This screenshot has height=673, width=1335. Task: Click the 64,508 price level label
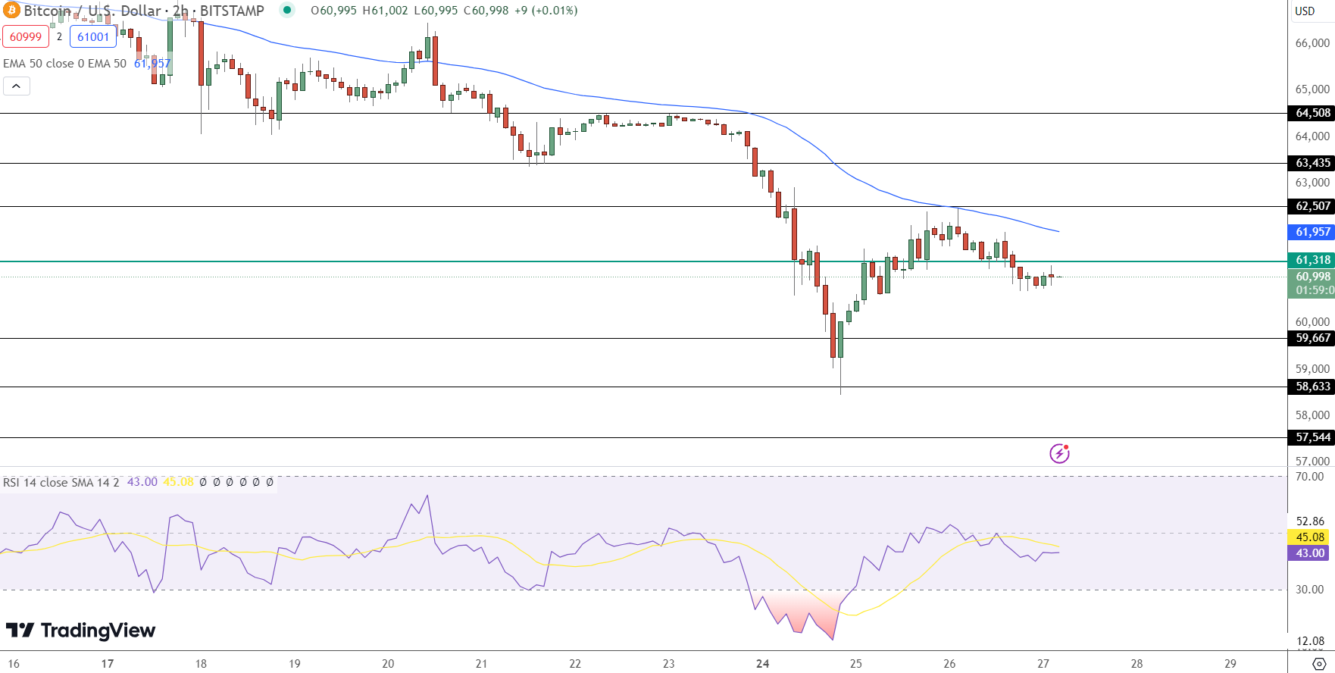(1312, 113)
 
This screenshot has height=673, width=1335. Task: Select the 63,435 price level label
(1312, 163)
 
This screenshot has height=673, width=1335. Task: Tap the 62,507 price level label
(1312, 206)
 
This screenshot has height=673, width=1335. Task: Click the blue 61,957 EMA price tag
(1312, 232)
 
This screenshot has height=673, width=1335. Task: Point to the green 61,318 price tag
(1312, 260)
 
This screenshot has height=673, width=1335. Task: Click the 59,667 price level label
(1312, 338)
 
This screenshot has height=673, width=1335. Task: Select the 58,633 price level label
(1312, 387)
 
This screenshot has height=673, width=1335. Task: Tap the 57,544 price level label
(1312, 437)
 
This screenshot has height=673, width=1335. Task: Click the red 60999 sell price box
(26, 36)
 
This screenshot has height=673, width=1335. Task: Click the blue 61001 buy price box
(93, 36)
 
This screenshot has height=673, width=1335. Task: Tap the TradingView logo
(80, 631)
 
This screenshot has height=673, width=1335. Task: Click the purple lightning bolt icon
(1059, 453)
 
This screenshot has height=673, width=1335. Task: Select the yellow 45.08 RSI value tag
(1309, 537)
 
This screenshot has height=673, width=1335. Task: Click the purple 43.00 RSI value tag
(1309, 553)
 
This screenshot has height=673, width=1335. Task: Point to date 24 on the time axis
(762, 664)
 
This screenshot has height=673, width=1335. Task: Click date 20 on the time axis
(388, 664)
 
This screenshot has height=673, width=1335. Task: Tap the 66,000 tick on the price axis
(1312, 43)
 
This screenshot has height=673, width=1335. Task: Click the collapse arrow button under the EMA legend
(17, 86)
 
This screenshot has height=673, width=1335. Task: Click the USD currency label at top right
(1305, 11)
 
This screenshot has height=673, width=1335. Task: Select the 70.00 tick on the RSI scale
(1310, 477)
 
